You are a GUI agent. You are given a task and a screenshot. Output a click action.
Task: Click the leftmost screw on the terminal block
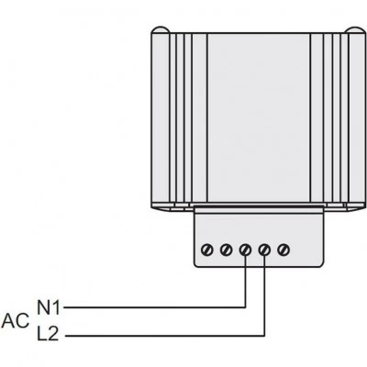[207, 250]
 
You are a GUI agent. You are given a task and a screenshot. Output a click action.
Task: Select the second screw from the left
[226, 250]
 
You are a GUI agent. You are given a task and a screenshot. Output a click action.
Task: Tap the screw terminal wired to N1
[245, 250]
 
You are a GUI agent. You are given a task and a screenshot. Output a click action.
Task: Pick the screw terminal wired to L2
[264, 250]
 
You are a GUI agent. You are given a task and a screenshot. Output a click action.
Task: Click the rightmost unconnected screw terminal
[284, 250]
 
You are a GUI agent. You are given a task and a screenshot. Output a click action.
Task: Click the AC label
[16, 321]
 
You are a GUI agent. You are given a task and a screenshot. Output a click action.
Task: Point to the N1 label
[49, 307]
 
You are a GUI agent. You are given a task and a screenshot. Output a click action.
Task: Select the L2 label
[48, 333]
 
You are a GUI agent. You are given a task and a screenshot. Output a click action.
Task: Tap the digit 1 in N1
[56, 307]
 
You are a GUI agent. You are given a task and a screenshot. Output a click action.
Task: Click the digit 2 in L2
[52, 333]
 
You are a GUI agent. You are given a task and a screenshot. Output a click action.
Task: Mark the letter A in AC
[8, 321]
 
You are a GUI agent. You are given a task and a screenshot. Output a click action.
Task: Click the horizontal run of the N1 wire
[154, 307]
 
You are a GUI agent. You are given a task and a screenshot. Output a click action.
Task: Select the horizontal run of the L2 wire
[165, 336]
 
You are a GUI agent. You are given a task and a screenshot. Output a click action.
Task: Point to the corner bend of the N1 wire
[245, 307]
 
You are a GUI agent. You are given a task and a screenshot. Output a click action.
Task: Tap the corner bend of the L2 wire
[264, 336]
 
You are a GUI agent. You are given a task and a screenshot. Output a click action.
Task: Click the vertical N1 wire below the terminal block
[245, 287]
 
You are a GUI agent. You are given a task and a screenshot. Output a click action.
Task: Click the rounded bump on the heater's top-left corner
[161, 29]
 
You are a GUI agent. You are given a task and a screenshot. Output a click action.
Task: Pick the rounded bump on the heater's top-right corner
[355, 29]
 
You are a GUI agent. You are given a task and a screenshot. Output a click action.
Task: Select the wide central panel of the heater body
[259, 117]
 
